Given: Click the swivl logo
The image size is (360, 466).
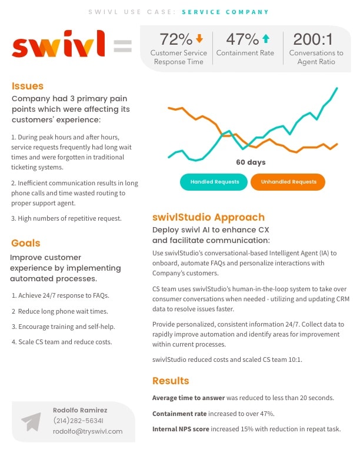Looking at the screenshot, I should pyautogui.click(x=59, y=45).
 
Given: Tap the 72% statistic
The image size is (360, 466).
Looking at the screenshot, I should pyautogui.click(x=176, y=39).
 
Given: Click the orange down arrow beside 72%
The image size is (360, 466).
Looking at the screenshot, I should pyautogui.click(x=199, y=39).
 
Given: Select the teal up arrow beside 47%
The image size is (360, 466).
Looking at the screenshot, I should pyautogui.click(x=266, y=39).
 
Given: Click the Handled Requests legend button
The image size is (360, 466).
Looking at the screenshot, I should pyautogui.click(x=215, y=182).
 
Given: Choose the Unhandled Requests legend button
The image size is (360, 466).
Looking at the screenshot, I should pyautogui.click(x=288, y=182).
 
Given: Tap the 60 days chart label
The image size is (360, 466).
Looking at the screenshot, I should pyautogui.click(x=251, y=162).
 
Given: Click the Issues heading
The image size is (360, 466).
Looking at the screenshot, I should pyautogui.click(x=27, y=86).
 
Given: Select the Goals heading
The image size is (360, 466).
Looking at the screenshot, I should pyautogui.click(x=26, y=243).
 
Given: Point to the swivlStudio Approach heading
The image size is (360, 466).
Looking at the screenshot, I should pyautogui.click(x=208, y=217).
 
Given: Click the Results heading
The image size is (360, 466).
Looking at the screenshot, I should pyautogui.click(x=171, y=381).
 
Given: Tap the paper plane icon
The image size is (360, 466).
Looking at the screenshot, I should pyautogui.click(x=31, y=421).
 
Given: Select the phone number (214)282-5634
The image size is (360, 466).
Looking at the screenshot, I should pyautogui.click(x=78, y=421).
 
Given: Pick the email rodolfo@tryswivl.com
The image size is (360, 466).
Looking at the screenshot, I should pyautogui.click(x=88, y=431).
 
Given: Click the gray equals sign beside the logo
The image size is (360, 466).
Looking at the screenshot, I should pyautogui.click(x=122, y=46).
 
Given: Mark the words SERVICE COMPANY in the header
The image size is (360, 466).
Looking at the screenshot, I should pyautogui.click(x=225, y=12).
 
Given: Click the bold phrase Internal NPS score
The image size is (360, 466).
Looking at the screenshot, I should pyautogui.click(x=181, y=429).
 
